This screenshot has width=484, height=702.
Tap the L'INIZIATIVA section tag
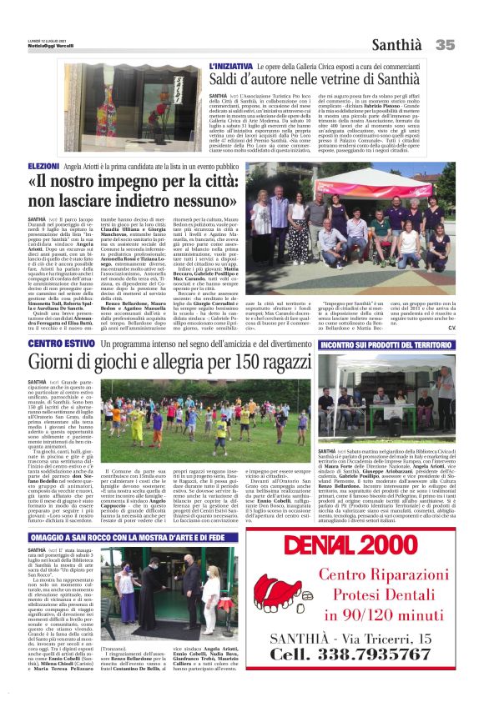pos(233,66)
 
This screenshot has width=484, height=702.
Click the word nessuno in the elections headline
pos(194,201)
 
